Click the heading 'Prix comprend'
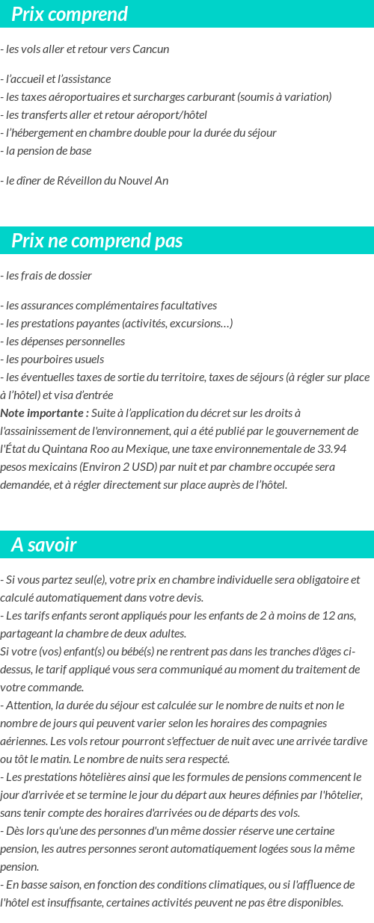click(70, 14)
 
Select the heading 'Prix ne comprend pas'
click(97, 241)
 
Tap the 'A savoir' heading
click(44, 545)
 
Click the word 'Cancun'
click(150, 49)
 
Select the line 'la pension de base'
click(48, 151)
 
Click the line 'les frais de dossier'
click(48, 276)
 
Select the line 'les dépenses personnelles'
click(64, 342)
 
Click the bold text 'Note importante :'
click(45, 413)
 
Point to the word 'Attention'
click(28, 706)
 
